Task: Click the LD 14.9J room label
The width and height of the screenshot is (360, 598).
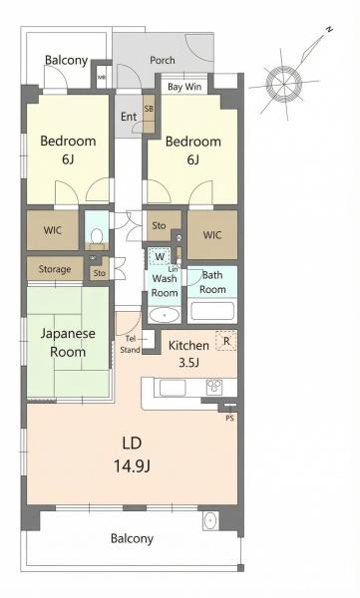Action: (132, 454)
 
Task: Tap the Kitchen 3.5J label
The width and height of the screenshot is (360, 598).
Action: (188, 353)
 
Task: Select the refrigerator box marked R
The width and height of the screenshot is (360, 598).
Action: (226, 341)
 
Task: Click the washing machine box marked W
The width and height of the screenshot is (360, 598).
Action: (160, 256)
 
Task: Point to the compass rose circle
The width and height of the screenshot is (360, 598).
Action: (283, 84)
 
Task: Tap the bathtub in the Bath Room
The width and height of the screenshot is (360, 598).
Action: (212, 311)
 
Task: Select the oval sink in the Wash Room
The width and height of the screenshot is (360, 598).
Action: (165, 315)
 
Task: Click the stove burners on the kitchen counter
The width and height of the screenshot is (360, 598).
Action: (213, 387)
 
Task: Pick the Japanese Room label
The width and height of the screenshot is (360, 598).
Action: (68, 342)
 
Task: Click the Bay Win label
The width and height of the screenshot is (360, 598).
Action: (184, 87)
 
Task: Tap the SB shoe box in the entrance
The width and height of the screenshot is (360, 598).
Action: (149, 113)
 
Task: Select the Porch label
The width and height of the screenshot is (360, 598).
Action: (163, 60)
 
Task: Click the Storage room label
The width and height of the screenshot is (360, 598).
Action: (55, 269)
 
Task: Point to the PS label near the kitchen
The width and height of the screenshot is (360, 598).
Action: (229, 418)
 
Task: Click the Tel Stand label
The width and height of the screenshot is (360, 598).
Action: (131, 345)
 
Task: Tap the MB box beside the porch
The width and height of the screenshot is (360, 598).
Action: (102, 77)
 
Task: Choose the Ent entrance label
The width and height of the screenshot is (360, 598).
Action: (129, 117)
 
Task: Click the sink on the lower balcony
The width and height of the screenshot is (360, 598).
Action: (210, 520)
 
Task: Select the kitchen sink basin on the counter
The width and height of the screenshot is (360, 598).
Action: (173, 388)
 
